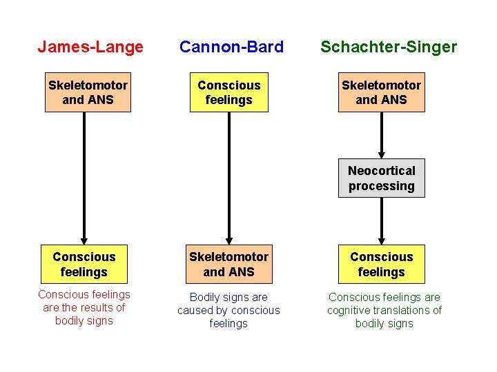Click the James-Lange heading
point(90,47)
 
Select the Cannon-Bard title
point(231,47)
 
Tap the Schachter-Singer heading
point(388,47)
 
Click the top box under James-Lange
point(88,92)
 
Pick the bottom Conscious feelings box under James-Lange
point(84,264)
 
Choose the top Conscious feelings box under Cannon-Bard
point(228,92)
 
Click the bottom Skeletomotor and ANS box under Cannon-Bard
point(228,264)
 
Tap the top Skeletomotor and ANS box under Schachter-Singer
point(381,92)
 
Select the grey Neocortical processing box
point(381,178)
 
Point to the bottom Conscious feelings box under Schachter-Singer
point(381,264)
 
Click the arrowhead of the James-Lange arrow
point(84,238)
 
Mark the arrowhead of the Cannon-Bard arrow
point(228,238)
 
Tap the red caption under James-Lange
point(84,307)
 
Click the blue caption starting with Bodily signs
point(228,310)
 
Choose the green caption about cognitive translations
point(384,310)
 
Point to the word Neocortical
point(381,171)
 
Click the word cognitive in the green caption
point(349,310)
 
